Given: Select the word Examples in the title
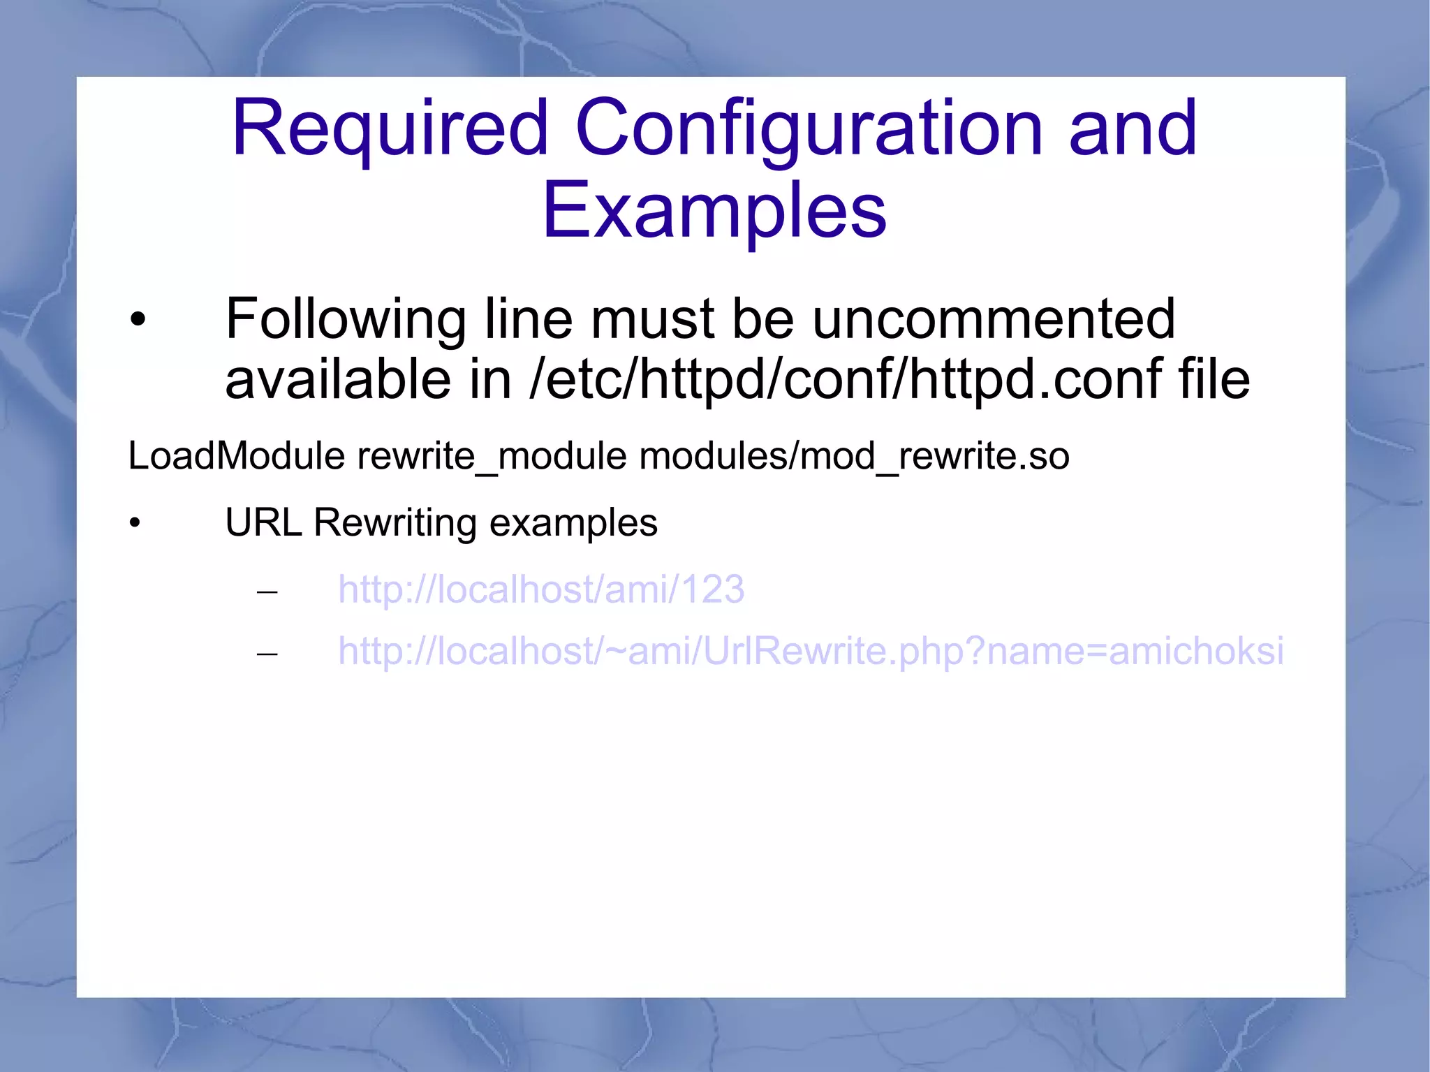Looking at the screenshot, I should (714, 210).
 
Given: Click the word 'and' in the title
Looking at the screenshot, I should (1133, 129).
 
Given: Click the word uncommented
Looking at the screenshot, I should (994, 320).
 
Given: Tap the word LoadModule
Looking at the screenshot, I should (237, 457).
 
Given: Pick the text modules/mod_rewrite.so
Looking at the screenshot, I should (854, 457).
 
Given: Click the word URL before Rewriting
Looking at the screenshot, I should (263, 522).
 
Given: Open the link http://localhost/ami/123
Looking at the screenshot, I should (541, 589).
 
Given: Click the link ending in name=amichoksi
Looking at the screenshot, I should (811, 651).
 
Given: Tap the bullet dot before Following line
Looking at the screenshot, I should (138, 320).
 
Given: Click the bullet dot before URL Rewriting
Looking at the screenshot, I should (135, 523).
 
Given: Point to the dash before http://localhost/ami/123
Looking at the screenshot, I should (267, 592).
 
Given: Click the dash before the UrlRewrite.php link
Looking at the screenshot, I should (267, 654).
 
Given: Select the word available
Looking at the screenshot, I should (338, 379).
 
